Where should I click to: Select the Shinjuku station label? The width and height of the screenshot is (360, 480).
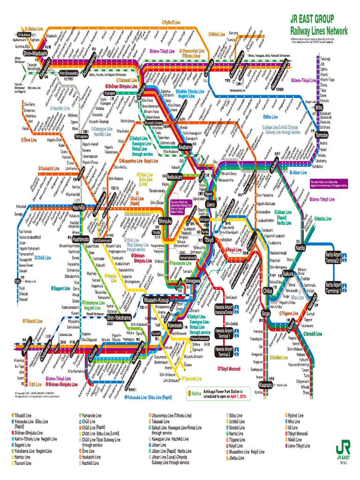point(165,221)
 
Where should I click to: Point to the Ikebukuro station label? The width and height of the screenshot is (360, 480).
point(174,177)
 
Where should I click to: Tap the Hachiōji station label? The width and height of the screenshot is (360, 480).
point(79,207)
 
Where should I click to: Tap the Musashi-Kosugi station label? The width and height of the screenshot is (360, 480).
point(156,300)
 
